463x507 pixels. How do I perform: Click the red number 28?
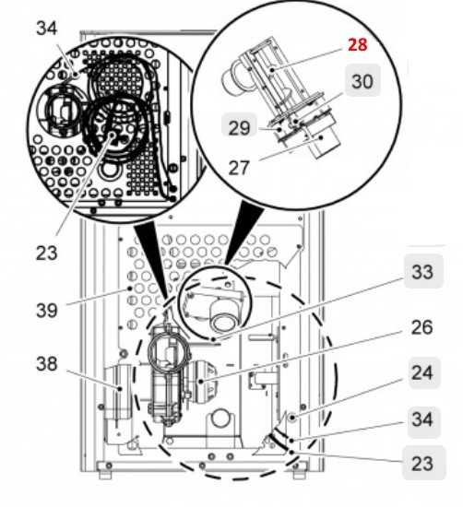click(358, 45)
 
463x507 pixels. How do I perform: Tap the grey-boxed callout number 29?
click(240, 128)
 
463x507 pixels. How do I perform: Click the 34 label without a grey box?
click(46, 29)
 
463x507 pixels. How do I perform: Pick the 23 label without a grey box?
click(47, 252)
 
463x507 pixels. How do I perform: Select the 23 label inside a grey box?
click(421, 464)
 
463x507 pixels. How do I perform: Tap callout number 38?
click(47, 363)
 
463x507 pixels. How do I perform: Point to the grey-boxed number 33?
click(421, 273)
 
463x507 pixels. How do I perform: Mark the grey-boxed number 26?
click(421, 326)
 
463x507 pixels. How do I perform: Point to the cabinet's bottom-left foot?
click(104, 474)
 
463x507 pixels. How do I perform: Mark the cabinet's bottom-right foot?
click(297, 474)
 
